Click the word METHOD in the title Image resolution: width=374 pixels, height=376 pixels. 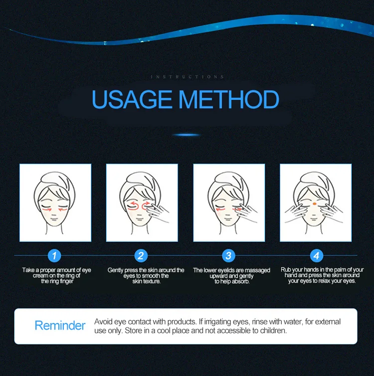[229, 100]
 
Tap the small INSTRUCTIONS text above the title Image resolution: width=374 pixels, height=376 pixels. [187, 77]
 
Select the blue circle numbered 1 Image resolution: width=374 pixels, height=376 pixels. [54, 256]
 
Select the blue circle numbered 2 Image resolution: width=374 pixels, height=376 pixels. [141, 256]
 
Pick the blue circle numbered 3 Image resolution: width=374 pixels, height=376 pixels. [228, 256]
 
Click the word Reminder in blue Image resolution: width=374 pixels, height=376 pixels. [60, 326]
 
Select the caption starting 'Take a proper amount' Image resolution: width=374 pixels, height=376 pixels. [56, 276]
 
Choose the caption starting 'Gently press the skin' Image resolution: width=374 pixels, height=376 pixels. [146, 276]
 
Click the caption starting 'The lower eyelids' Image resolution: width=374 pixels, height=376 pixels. [231, 276]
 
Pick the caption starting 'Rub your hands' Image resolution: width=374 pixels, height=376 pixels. [322, 275]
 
